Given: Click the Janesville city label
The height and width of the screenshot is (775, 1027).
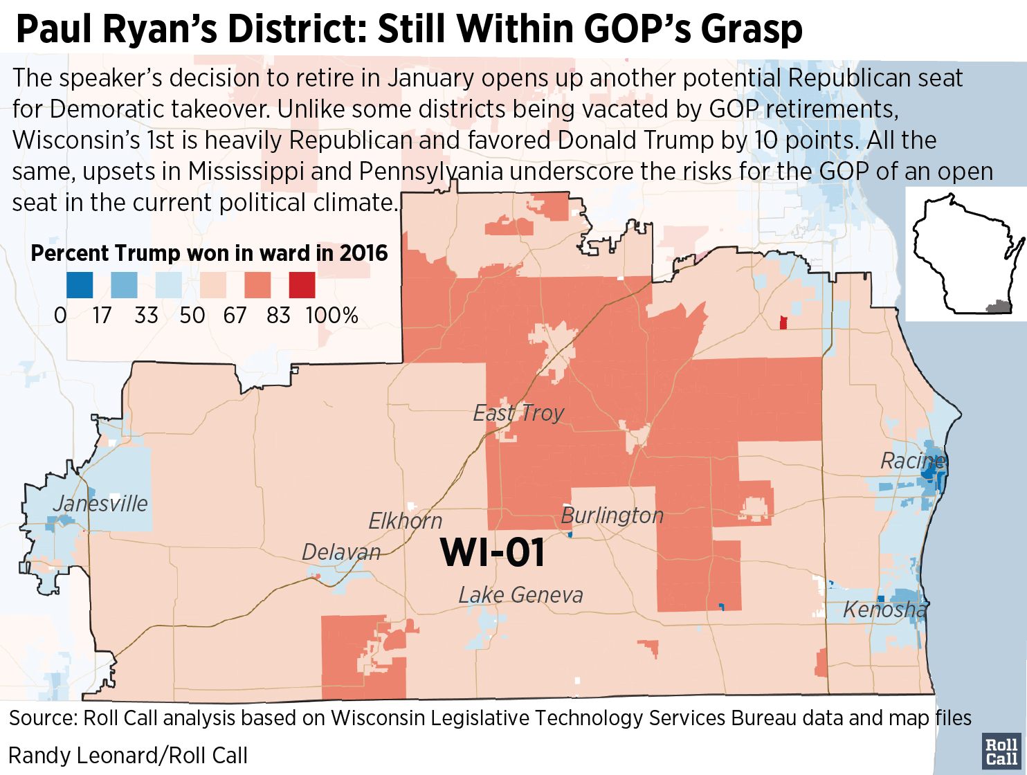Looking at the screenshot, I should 100,503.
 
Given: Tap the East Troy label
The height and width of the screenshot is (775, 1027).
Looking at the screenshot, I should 518,413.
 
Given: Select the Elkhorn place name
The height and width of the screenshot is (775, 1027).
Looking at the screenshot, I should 405,520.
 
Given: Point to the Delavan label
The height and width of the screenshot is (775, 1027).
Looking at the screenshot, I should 341,551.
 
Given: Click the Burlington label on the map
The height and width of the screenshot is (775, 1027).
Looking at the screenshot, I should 612,516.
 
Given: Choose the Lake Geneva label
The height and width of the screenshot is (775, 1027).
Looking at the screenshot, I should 520,594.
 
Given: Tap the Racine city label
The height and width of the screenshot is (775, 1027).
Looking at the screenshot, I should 912,460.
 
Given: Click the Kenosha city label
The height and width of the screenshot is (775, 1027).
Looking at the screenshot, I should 884,609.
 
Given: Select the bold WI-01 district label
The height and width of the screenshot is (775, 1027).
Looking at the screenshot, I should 492,552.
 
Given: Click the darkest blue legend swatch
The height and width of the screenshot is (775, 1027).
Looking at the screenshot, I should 80,285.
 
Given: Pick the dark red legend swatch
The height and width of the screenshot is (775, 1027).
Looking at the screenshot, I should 302,285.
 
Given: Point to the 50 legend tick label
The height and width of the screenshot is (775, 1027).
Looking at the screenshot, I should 192,316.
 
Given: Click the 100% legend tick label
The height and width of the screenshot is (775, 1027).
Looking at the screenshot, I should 332,316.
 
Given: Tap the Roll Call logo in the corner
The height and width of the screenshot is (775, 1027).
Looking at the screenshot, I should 1001,751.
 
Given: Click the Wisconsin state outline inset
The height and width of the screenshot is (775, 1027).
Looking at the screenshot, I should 965,254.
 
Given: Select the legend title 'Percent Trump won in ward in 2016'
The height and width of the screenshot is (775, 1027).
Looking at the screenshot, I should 209,253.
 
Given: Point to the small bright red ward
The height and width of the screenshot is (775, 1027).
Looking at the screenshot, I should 783,322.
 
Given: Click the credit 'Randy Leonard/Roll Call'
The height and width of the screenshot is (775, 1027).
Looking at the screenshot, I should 128,755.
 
